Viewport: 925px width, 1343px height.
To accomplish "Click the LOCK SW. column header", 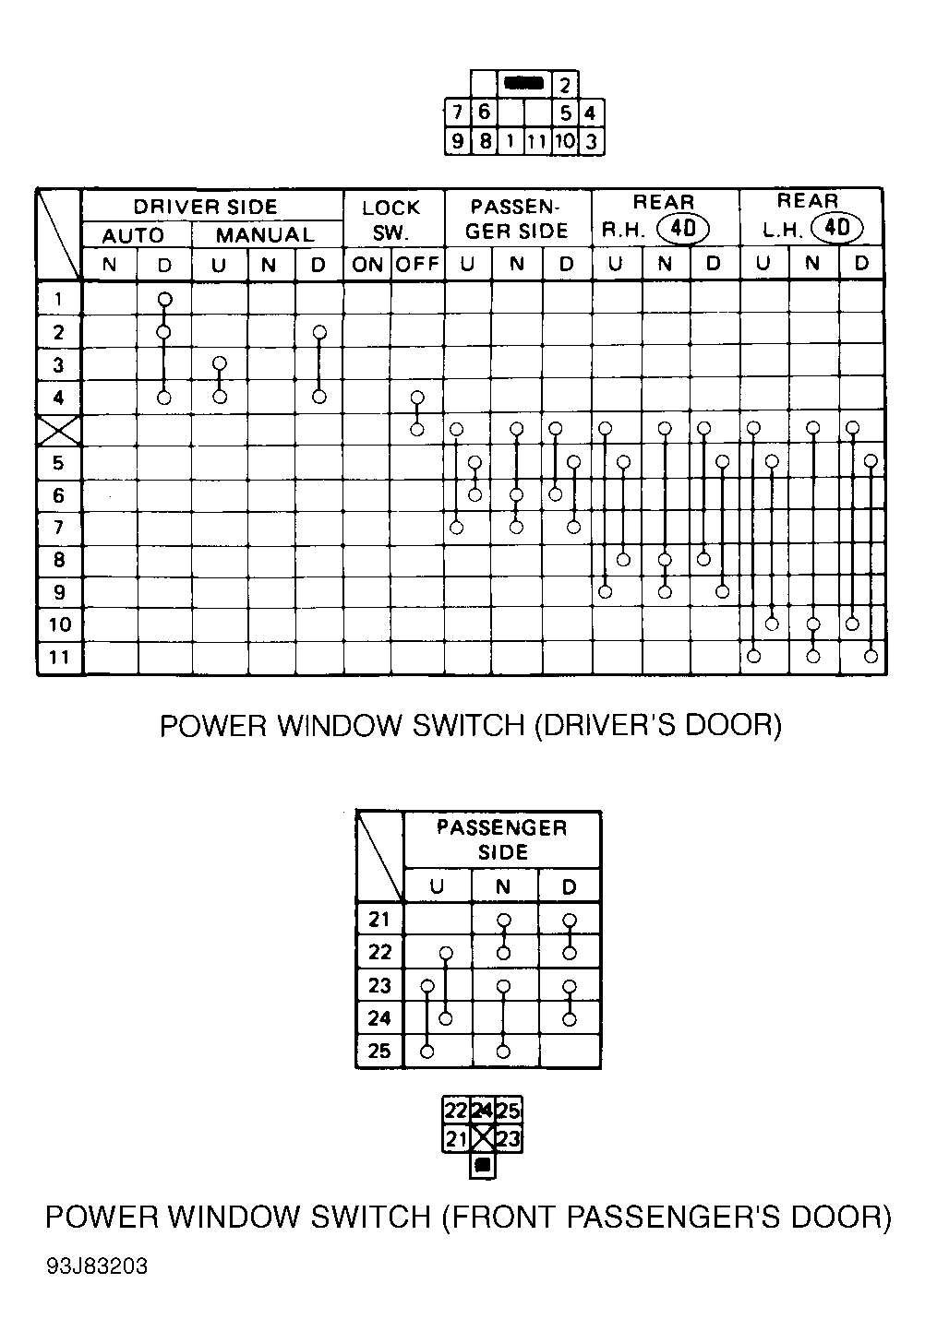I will point(391,220).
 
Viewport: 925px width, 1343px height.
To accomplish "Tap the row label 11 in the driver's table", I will point(59,657).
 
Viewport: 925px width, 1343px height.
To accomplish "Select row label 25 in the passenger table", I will point(379,1051).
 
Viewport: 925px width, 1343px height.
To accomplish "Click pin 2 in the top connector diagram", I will point(565,86).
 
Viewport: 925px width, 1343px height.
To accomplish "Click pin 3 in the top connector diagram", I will point(591,142).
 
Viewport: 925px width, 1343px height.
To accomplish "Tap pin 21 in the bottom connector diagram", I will point(456,1138).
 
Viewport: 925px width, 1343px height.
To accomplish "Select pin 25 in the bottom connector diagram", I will point(509,1111).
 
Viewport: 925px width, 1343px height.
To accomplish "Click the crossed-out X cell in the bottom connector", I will point(482,1137).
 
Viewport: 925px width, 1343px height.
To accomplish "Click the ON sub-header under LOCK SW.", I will point(366,265).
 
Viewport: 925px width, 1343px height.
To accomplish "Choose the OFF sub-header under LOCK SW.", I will point(417,265).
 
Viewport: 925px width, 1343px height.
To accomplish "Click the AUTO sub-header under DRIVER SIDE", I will point(133,235).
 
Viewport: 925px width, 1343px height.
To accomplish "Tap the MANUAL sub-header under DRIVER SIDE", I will point(265,235).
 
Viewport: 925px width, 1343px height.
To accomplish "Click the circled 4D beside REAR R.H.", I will point(682,228).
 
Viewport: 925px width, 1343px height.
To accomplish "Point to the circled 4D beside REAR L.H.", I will point(836,228).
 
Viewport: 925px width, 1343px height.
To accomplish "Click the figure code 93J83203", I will point(97,1266).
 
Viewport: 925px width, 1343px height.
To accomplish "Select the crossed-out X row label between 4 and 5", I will point(59,430).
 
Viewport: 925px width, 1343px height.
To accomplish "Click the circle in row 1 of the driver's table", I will point(164,300).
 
